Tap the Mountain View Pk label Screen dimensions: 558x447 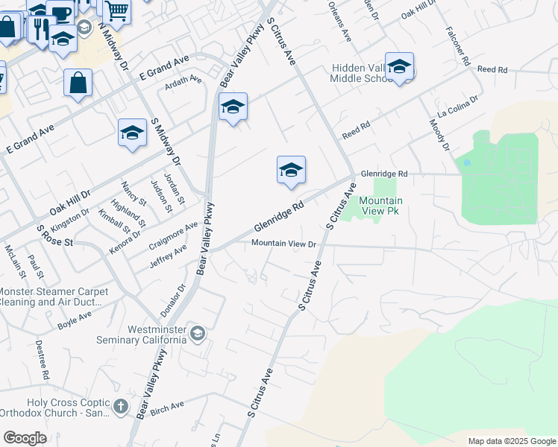pyautogui.click(x=380, y=206)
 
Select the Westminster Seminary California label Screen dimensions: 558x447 pyautogui.click(x=142, y=335)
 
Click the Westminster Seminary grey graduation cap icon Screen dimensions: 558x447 pyautogui.click(x=197, y=333)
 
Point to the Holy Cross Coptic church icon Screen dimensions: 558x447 pyautogui.click(x=122, y=407)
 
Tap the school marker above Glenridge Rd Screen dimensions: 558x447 pyautogui.click(x=291, y=169)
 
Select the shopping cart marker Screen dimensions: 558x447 pyautogui.click(x=116, y=10)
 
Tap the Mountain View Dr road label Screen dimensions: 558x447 pyautogui.click(x=284, y=244)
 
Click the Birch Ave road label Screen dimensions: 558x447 pyautogui.click(x=166, y=406)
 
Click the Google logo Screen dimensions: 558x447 pyautogui.click(x=25, y=438)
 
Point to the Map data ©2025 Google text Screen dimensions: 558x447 pyautogui.click(x=511, y=441)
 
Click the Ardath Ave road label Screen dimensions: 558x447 pyautogui.click(x=184, y=80)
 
